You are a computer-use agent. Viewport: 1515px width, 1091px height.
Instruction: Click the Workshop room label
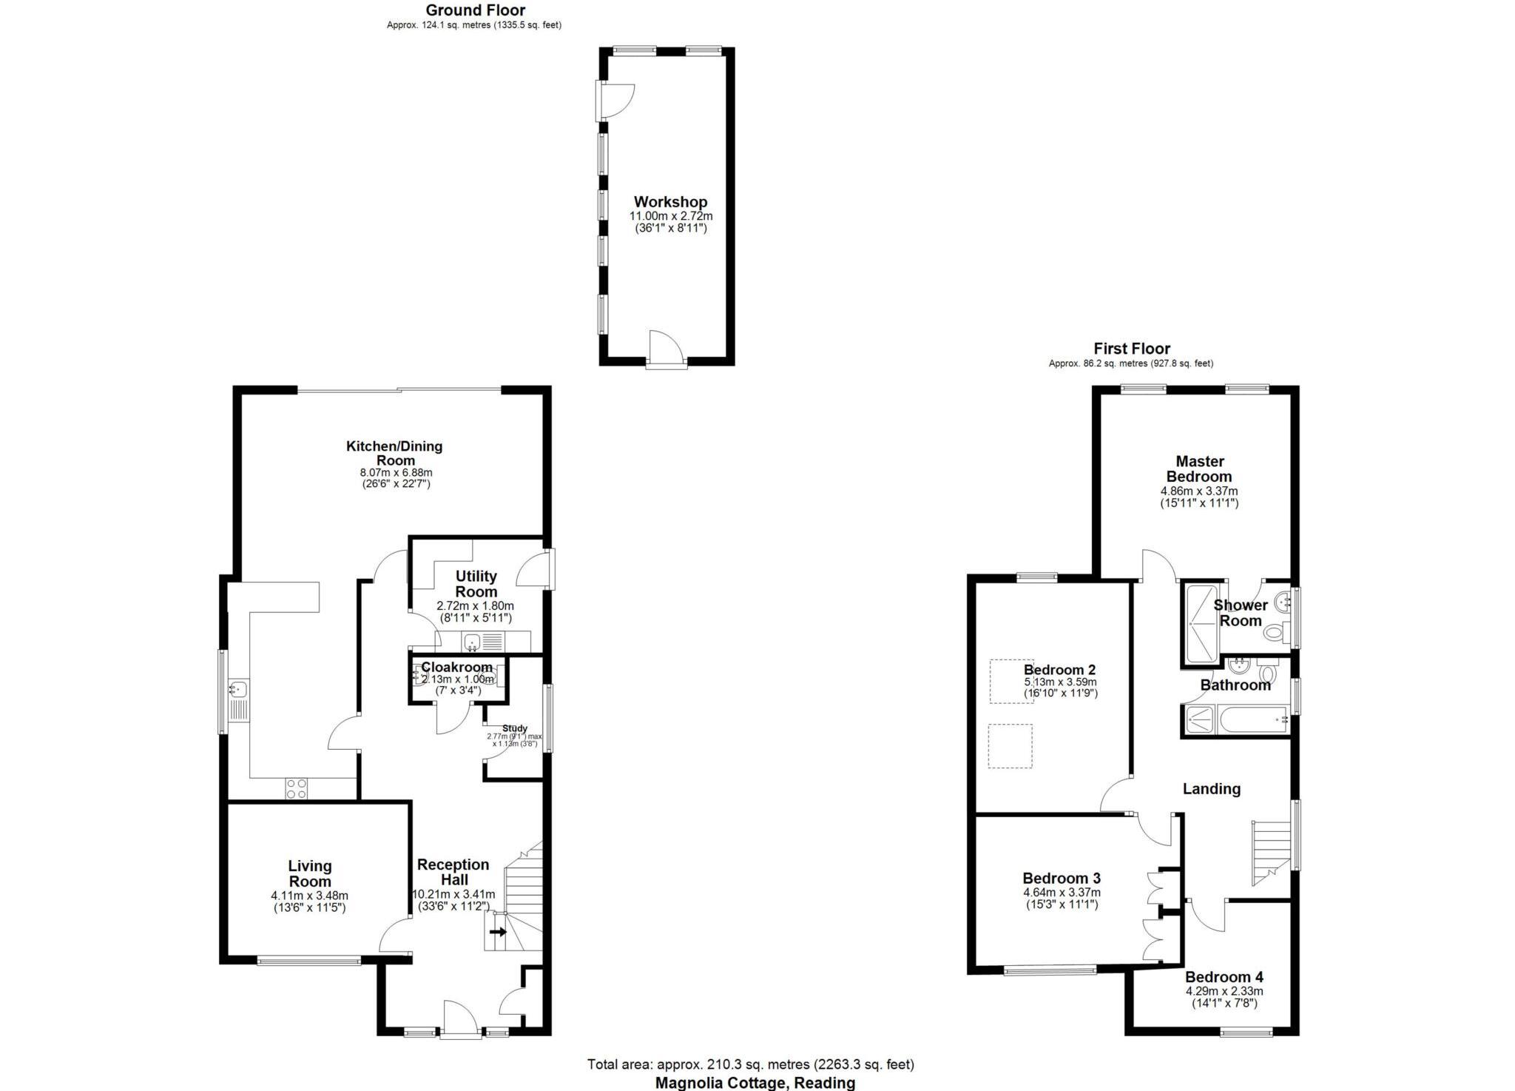pos(670,202)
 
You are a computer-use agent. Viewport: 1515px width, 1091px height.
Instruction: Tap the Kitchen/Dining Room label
pos(394,453)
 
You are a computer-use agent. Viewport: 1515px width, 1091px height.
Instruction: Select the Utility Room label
pos(476,584)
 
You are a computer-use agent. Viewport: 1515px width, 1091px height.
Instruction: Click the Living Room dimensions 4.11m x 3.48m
pos(309,896)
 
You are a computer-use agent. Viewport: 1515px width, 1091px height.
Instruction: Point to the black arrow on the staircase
pos(498,931)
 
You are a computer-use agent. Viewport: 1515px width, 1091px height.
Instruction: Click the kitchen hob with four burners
pos(297,788)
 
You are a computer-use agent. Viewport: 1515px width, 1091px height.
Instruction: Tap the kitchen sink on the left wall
pos(238,690)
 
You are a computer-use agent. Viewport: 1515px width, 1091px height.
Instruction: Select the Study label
pos(515,728)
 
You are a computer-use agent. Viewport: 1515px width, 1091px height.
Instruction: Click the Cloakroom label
pos(456,668)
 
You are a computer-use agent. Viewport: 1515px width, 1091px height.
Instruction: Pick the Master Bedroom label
pos(1199,469)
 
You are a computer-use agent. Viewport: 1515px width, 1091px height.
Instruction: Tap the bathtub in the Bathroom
pos(1252,720)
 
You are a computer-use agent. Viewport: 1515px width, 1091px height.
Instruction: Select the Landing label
pos(1211,789)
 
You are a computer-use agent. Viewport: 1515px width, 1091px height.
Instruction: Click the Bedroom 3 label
pos(1062,879)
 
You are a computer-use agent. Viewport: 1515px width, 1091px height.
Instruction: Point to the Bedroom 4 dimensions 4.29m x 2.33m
pos(1224,991)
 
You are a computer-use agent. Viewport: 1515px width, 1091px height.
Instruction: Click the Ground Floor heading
pos(476,10)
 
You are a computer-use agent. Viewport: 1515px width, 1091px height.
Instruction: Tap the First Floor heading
pos(1132,349)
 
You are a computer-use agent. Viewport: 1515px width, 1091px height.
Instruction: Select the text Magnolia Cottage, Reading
pos(755,1083)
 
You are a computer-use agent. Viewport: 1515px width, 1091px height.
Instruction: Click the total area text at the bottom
pos(750,1064)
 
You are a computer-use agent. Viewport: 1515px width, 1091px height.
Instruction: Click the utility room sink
pos(472,641)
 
